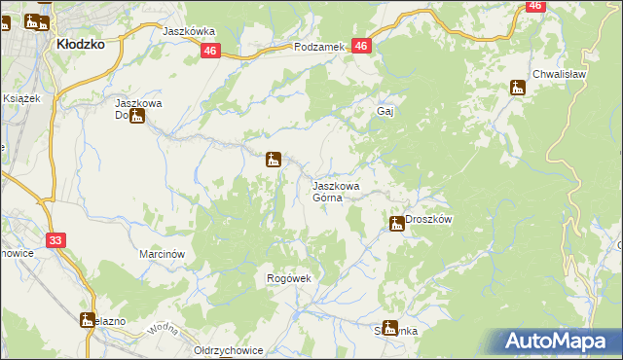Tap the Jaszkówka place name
coord(189,31)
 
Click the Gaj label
coord(385,111)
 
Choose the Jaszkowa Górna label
coord(336,191)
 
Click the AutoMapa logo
coord(561,342)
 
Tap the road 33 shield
coord(55,240)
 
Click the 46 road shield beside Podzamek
coord(361,47)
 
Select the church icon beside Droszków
coord(397,224)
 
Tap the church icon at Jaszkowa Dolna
coord(137,118)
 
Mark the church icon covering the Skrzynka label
coord(390,328)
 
